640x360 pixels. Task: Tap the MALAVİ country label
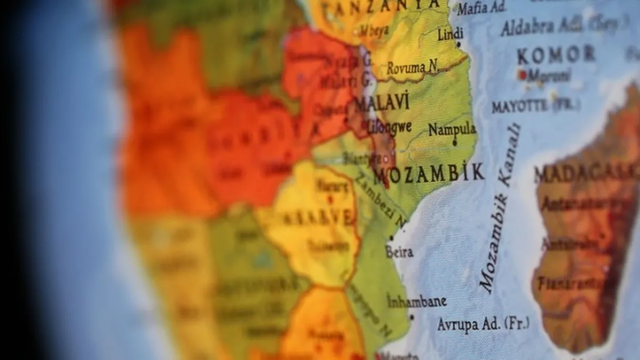click(382, 102)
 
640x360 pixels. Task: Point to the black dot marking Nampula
click(454, 143)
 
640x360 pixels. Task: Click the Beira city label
click(399, 252)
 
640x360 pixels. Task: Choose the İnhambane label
click(417, 301)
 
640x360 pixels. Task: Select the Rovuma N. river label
click(413, 68)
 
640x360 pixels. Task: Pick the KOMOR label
click(556, 54)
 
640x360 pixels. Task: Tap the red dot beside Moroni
click(522, 75)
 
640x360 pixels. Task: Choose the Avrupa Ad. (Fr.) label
click(483, 324)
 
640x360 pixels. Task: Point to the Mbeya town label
click(373, 30)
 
